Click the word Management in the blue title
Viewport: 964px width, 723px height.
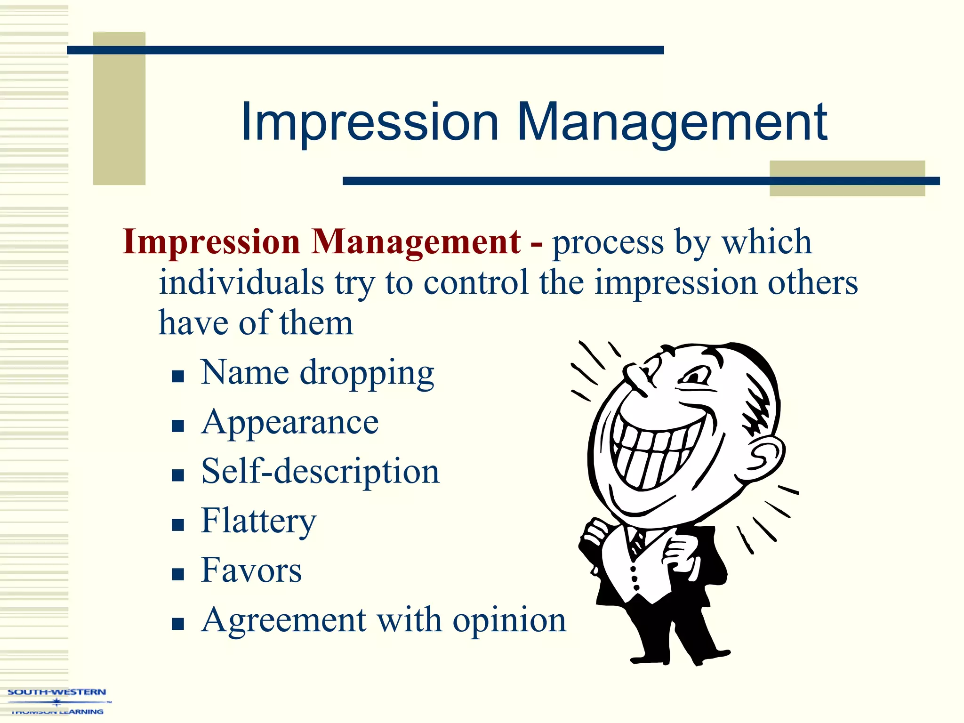click(x=672, y=123)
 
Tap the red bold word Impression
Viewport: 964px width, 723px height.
click(x=211, y=242)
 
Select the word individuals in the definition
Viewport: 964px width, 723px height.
click(x=241, y=282)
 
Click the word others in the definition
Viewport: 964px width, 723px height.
click(x=812, y=282)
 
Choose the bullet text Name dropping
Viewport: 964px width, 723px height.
click(x=317, y=373)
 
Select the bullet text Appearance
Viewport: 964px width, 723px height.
click(x=289, y=422)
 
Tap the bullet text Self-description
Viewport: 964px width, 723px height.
click(x=320, y=471)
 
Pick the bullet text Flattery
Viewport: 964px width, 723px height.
click(x=258, y=521)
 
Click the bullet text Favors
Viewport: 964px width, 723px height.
click(x=251, y=570)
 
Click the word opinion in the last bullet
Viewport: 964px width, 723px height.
click(x=509, y=620)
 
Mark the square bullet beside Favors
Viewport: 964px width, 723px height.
click(x=177, y=574)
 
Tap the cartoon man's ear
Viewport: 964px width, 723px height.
click(x=766, y=455)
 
